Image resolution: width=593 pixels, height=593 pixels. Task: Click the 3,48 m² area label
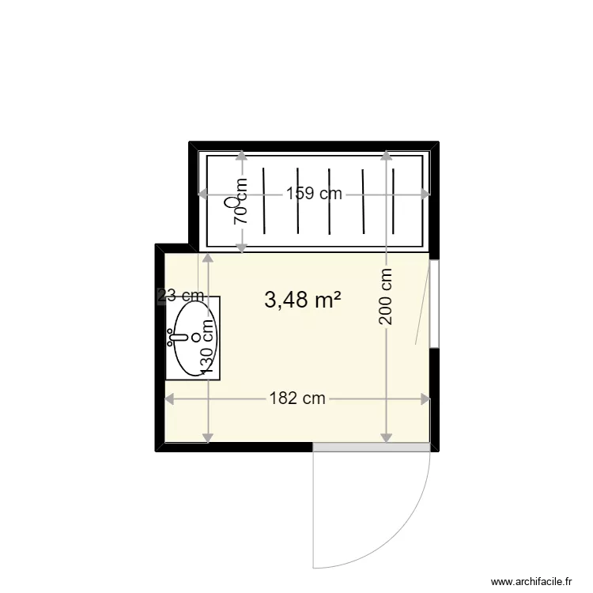tap(303, 300)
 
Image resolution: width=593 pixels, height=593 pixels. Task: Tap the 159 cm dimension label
tap(314, 194)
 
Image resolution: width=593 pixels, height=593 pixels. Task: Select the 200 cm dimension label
tap(386, 297)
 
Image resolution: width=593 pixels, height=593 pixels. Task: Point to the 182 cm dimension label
tap(297, 398)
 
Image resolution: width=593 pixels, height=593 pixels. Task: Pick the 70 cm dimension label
tap(241, 202)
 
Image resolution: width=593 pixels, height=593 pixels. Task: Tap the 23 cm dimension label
tap(181, 296)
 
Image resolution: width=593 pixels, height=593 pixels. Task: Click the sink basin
tap(190, 339)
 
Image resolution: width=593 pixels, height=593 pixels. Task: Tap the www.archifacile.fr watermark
tap(531, 581)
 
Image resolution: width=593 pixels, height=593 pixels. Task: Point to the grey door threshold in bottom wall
tap(372, 448)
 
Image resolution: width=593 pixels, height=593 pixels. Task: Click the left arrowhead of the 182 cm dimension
tap(168, 399)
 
